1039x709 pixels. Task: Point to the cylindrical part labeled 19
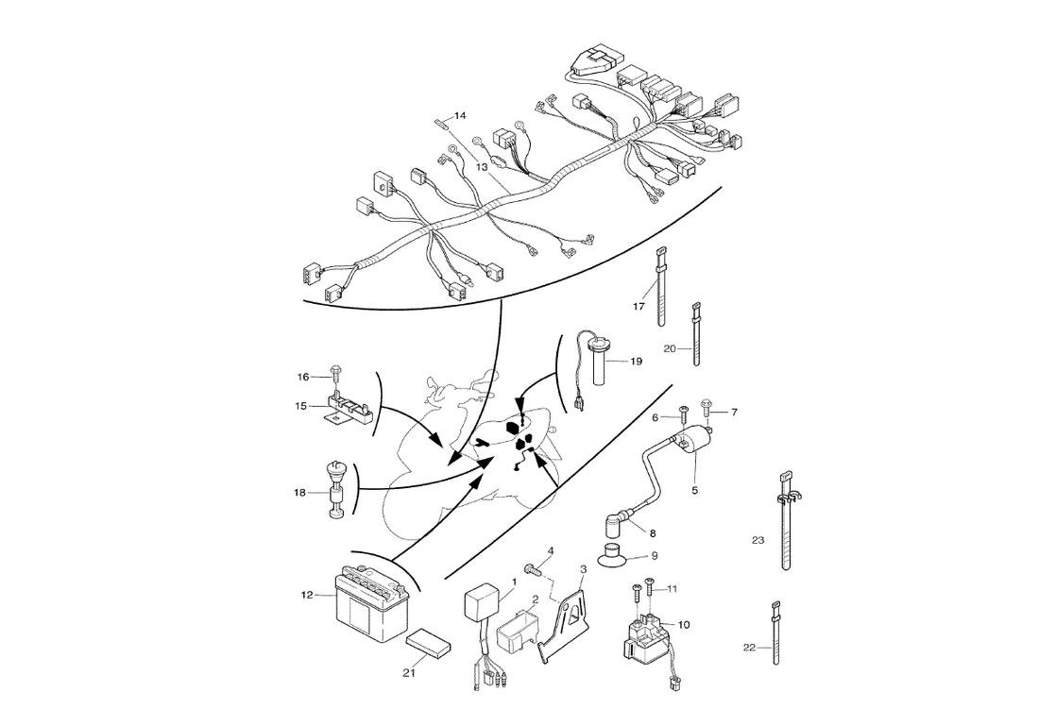598,363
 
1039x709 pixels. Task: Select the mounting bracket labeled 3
570,619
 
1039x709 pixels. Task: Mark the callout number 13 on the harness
481,166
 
